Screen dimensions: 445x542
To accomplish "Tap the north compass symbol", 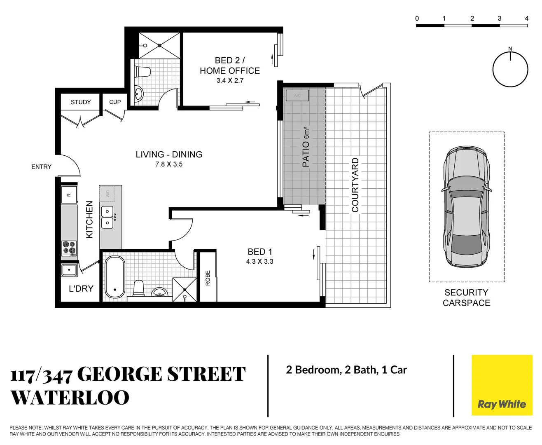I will tap(510, 69).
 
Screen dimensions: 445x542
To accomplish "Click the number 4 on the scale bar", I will tap(526, 18).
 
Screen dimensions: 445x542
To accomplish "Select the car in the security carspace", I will tap(467, 207).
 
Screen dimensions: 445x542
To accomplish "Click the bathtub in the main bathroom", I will tap(114, 277).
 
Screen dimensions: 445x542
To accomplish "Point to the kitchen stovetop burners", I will tap(69, 248).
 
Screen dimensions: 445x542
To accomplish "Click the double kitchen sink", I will tap(107, 218).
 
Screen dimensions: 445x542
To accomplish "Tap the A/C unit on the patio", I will tap(297, 96).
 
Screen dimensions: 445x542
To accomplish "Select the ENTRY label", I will tap(41, 167).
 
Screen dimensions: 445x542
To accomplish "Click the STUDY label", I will tap(81, 102).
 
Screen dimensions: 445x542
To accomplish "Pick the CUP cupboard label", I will tap(115, 102).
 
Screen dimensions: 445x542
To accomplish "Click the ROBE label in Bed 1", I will tap(208, 278).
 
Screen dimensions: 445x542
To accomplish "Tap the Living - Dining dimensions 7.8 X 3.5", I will tap(169, 164).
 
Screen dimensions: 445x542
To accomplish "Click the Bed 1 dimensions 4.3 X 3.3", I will tap(259, 262).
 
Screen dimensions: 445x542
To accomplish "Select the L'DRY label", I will tap(81, 289).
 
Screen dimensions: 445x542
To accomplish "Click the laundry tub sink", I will tap(69, 270).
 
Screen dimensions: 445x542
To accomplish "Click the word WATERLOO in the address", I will tap(70, 398).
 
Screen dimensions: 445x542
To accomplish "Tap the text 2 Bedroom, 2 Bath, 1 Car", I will tap(346, 370).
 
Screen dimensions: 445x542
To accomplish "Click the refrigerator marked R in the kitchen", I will tap(69, 194).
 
